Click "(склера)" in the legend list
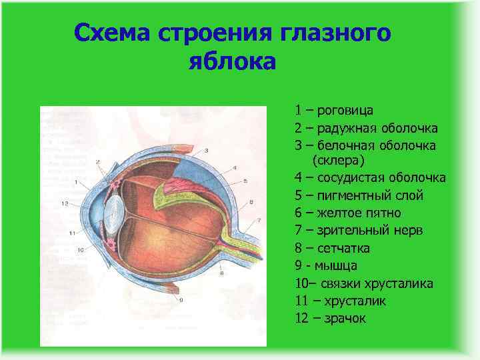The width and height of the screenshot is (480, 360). (337, 161)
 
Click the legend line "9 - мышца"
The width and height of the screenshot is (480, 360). (325, 265)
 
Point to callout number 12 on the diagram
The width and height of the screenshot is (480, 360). (64, 203)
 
